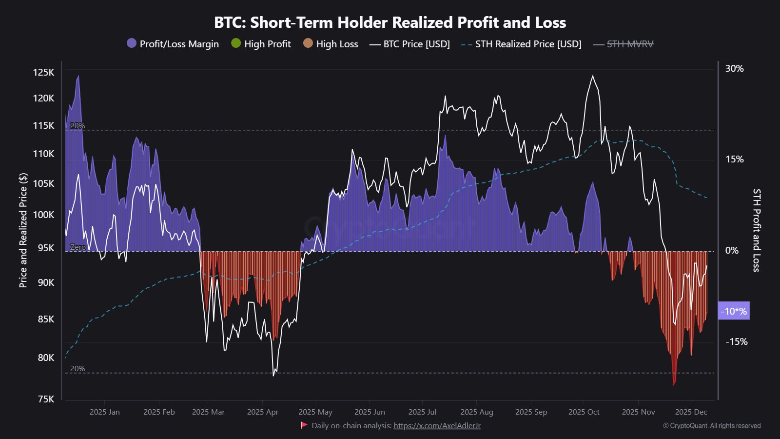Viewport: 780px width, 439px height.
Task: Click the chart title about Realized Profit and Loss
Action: pyautogui.click(x=390, y=22)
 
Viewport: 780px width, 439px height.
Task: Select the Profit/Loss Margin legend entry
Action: pyautogui.click(x=173, y=44)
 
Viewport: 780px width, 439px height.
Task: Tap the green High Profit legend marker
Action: pyautogui.click(x=236, y=43)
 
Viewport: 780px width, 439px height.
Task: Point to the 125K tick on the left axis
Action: pyautogui.click(x=43, y=72)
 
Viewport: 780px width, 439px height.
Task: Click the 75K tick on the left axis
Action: pyautogui.click(x=46, y=399)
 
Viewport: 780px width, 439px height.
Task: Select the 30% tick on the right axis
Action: pyautogui.click(x=734, y=68)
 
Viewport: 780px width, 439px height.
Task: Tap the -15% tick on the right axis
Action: pyautogui.click(x=736, y=341)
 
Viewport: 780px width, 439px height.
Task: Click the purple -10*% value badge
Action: pyautogui.click(x=734, y=311)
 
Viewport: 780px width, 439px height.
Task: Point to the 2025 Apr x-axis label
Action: pyautogui.click(x=262, y=412)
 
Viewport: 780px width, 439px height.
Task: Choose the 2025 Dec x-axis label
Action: pyautogui.click(x=691, y=412)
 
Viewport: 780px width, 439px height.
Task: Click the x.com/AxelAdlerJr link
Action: pyautogui.click(x=437, y=425)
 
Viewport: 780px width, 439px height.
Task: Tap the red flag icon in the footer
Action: pyautogui.click(x=304, y=425)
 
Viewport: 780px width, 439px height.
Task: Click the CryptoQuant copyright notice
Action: pyautogui.click(x=712, y=426)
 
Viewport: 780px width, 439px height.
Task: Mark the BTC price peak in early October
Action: pyautogui.click(x=593, y=76)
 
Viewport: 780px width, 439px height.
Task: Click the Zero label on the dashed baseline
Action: pyautogui.click(x=78, y=247)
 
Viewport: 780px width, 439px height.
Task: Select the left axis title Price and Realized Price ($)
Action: pyautogui.click(x=23, y=230)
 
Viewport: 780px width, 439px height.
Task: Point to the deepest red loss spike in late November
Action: pyautogui.click(x=674, y=383)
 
